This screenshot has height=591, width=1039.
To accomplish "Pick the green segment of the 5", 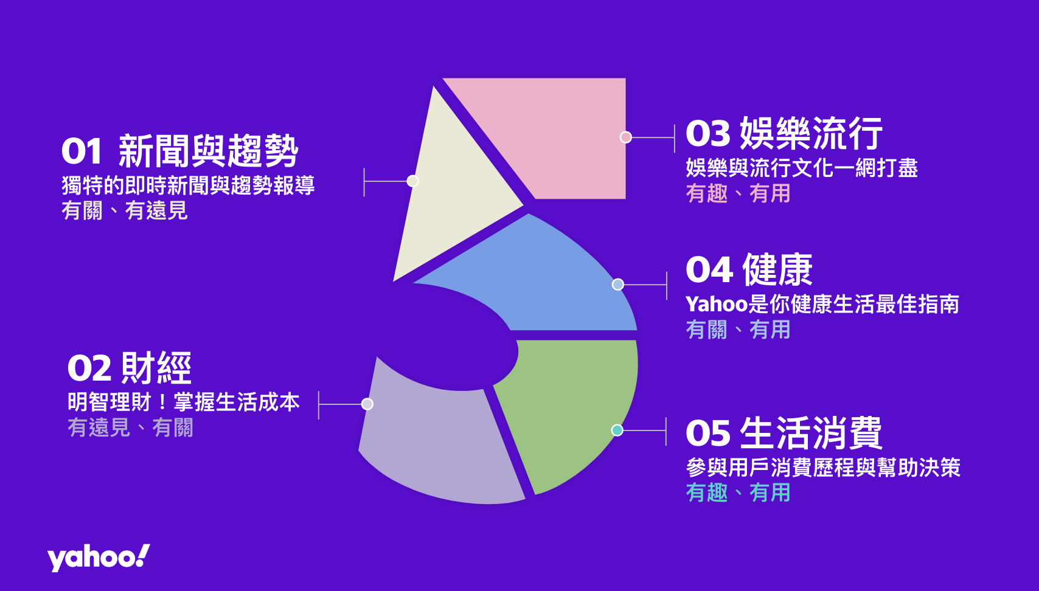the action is pos(571,408).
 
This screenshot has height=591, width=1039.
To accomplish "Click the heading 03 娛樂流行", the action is pos(784,134).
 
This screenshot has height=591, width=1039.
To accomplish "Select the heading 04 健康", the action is pos(749,270).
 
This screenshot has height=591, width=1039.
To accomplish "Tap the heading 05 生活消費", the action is pos(784,433).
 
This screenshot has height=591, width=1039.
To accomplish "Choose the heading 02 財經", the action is pos(130,368).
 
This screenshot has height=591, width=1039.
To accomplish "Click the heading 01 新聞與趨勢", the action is pos(180,151).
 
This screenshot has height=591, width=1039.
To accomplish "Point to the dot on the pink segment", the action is pos(626,137).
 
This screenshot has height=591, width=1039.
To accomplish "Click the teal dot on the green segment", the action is pos(617,430).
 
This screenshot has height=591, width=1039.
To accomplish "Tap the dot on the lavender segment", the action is pos(367,404).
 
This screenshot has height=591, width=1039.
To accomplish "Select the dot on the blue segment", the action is pos(617,285).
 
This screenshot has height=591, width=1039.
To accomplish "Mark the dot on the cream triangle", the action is pos(412,181).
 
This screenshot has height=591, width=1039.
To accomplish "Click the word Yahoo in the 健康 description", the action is pos(717,305).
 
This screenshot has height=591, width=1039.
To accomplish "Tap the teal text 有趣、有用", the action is pos(738,493).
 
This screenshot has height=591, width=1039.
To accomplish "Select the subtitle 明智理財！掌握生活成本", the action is pos(184,402).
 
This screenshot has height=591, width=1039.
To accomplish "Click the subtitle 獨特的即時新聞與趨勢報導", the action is pos(189,185).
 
